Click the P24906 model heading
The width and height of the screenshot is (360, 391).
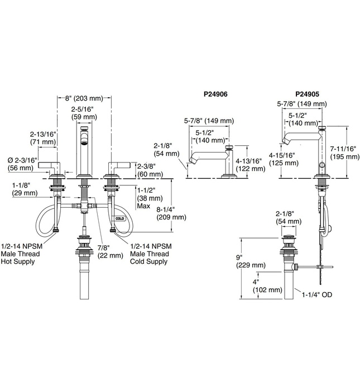(215, 94)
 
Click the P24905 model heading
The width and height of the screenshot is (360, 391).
(307, 94)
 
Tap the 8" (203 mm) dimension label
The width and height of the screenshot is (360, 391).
(84, 98)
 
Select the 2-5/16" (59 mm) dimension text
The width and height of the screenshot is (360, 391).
(84, 113)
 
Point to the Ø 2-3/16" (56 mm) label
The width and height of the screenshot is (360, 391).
(22, 164)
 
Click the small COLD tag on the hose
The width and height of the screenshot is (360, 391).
(119, 219)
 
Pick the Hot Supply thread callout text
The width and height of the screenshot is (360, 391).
(21, 254)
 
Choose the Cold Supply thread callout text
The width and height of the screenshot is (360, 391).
(151, 254)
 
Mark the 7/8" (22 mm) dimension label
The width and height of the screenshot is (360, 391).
(110, 251)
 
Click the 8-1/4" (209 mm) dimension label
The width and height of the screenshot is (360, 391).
(171, 213)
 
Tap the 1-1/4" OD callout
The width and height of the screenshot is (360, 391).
(317, 294)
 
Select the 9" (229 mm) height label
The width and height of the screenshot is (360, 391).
(251, 261)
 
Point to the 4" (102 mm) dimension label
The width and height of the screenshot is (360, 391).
(267, 286)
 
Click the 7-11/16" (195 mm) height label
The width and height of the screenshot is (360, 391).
(345, 152)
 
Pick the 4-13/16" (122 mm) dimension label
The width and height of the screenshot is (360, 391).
(251, 165)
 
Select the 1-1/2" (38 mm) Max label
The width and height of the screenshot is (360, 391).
(150, 198)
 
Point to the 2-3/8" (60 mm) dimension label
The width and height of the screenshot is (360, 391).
(150, 170)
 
